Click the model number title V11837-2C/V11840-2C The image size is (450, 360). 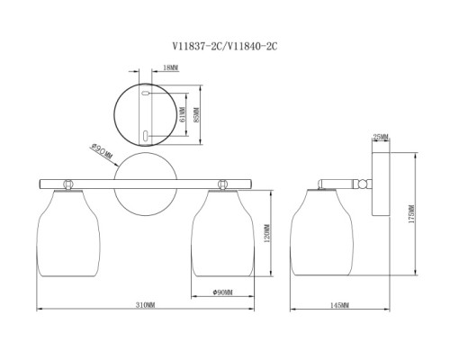[x=225, y=47]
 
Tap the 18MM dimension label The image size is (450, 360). [x=170, y=67]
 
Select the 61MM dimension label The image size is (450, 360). [x=183, y=114]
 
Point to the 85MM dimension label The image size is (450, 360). [x=196, y=115]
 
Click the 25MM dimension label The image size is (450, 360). [x=381, y=137]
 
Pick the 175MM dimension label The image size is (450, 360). [x=411, y=214]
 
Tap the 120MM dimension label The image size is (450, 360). [x=267, y=233]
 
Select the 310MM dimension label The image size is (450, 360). [x=145, y=305]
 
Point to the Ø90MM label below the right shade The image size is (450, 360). [x=222, y=292]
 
